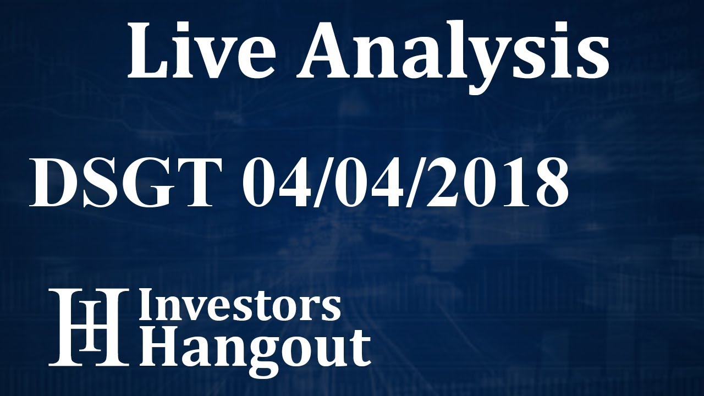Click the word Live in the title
(x=201, y=52)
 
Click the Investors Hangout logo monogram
(x=88, y=327)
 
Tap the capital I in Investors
(x=146, y=306)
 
